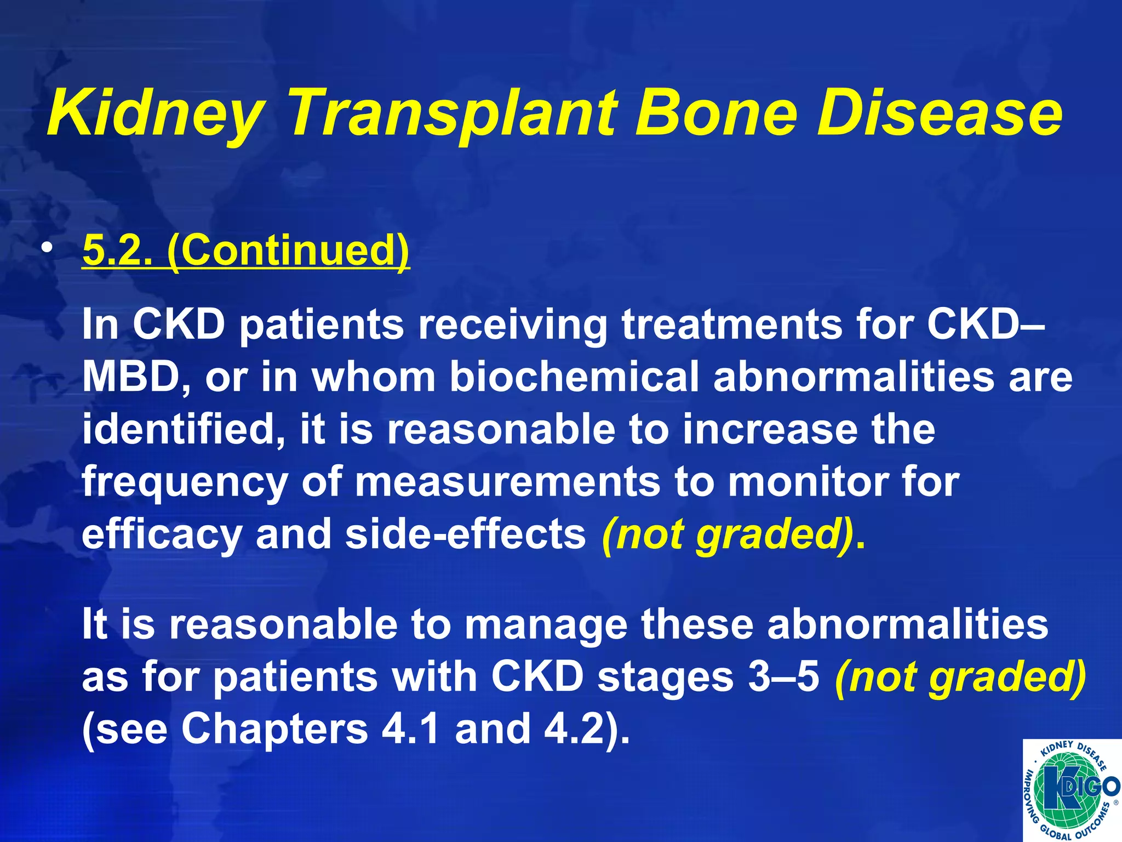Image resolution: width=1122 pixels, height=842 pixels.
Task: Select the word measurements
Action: [x=507, y=482]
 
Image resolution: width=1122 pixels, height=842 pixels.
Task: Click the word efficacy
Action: [x=162, y=535]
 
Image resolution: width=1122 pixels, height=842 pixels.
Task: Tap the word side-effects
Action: [x=466, y=534]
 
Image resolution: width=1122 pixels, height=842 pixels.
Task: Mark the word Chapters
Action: [x=274, y=729]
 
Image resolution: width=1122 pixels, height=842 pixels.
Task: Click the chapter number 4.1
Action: [x=410, y=729]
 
